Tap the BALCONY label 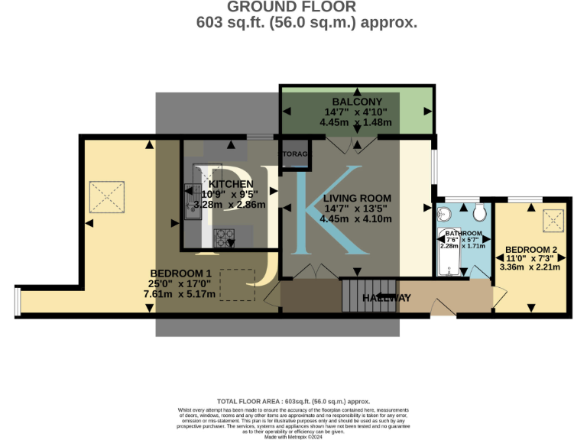point(356,102)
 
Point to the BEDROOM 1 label point(180,273)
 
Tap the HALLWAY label point(386,297)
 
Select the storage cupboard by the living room point(294,154)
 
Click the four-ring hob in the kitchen point(225,238)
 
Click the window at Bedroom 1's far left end point(18,302)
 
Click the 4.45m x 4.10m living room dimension point(356,218)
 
